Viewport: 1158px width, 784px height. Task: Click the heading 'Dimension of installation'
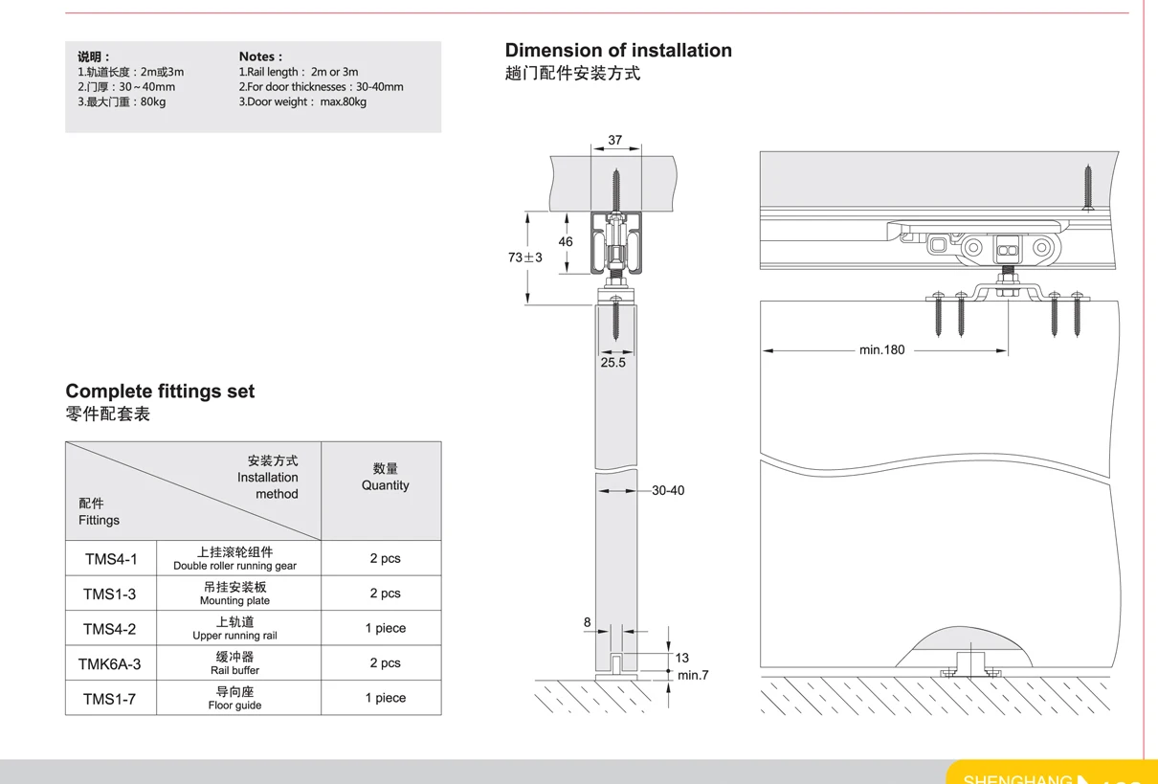[x=618, y=51]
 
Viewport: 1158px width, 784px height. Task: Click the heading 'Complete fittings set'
[x=160, y=392]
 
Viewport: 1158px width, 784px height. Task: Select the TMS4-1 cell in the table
[x=111, y=559]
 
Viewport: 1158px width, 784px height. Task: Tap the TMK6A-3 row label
[x=110, y=663]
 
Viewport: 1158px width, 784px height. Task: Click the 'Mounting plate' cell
[x=234, y=594]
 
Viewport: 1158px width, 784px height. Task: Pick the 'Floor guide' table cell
[x=234, y=698]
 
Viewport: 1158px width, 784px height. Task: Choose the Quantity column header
[x=385, y=477]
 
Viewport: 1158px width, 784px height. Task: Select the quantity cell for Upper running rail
[x=385, y=628]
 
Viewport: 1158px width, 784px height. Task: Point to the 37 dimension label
[x=614, y=140]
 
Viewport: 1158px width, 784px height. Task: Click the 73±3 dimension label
[x=524, y=258]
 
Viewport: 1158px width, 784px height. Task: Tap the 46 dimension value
[x=566, y=242]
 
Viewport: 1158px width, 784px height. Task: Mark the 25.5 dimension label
[x=612, y=363]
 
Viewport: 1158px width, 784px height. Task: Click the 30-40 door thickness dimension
[x=668, y=491]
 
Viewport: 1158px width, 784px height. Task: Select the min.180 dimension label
[x=881, y=350]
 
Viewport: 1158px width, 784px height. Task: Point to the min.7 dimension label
[x=693, y=676]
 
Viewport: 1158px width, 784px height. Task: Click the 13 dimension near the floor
[x=681, y=658]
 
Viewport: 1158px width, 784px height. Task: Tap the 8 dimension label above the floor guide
[x=588, y=623]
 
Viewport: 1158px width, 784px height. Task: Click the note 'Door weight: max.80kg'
[x=302, y=101]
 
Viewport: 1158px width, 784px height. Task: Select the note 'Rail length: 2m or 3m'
[x=299, y=72]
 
